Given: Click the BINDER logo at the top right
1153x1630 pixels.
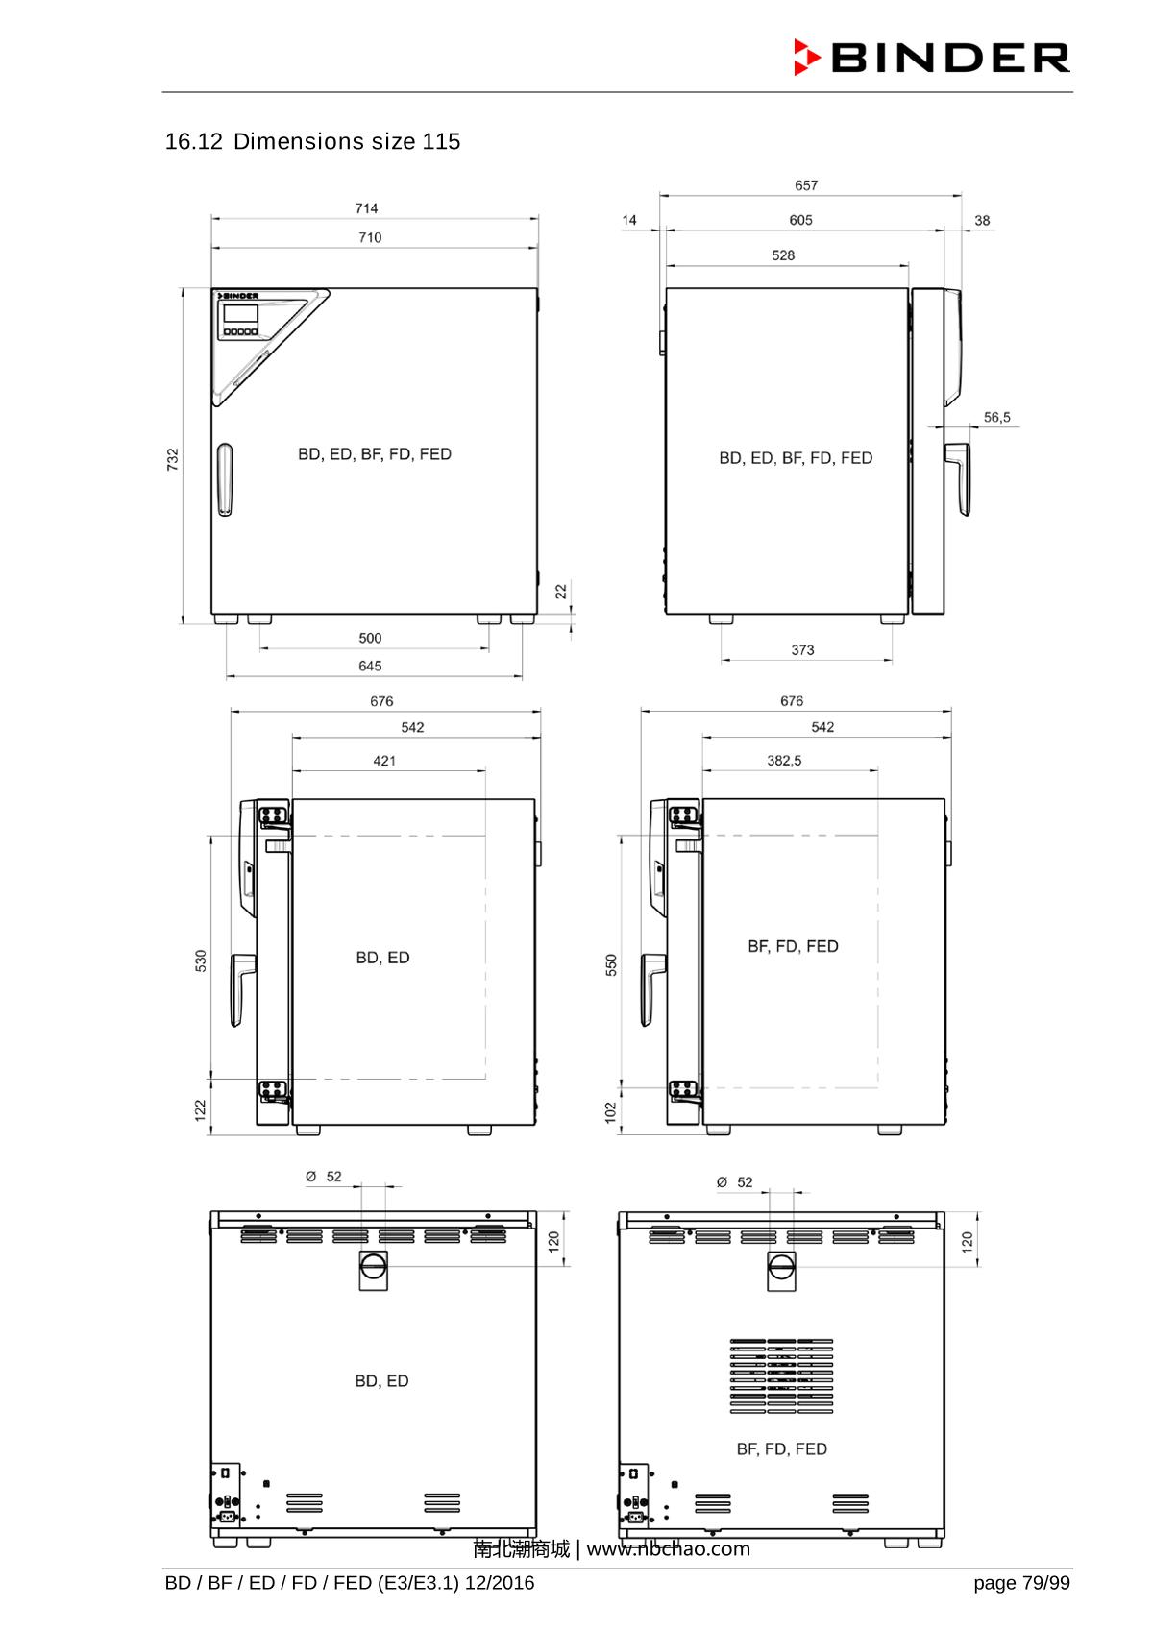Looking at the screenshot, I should [931, 58].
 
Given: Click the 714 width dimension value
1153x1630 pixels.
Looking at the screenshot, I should [366, 208].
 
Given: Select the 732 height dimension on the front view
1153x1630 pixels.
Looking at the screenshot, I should [173, 459].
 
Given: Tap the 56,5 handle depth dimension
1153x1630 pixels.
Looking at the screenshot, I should [996, 418].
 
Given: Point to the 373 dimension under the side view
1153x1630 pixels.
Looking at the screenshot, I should [802, 650].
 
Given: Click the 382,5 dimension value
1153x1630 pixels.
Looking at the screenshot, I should [784, 761].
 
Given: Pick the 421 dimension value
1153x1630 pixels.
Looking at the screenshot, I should [384, 761].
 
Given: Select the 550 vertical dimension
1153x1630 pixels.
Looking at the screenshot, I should [611, 964].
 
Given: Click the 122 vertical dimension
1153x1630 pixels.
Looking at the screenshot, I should [201, 1109].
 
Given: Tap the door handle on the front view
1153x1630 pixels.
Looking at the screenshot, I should [224, 479].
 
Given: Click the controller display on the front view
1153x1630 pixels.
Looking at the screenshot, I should [240, 314].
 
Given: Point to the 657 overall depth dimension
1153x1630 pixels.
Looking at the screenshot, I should [806, 185].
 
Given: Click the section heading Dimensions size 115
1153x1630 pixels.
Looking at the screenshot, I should [313, 142].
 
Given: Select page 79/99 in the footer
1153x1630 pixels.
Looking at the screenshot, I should [1020, 1583].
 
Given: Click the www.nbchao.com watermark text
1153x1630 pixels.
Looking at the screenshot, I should [668, 1549].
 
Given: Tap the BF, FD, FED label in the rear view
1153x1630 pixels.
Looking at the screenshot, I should [781, 1448].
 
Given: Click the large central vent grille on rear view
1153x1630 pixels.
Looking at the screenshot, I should [781, 1376].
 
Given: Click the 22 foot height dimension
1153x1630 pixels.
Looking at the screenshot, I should [562, 593].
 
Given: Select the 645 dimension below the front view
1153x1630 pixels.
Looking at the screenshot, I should [370, 666].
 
